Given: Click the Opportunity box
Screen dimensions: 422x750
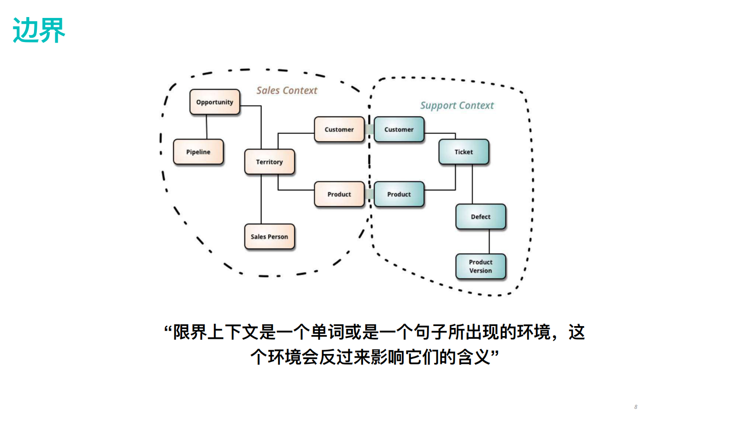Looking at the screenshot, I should click(x=215, y=102).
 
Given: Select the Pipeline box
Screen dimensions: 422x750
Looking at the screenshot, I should click(x=198, y=152).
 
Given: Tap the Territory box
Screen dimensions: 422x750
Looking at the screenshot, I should click(x=269, y=162).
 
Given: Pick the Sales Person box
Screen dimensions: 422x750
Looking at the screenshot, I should click(x=269, y=236).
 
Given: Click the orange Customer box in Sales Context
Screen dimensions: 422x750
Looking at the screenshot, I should click(x=339, y=129).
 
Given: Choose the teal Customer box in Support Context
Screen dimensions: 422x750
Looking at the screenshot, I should click(x=399, y=129).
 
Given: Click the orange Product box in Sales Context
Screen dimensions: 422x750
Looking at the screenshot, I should click(x=339, y=194).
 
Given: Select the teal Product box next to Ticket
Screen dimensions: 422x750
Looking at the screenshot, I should click(x=399, y=194).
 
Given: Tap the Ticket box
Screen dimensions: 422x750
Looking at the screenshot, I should click(x=464, y=152).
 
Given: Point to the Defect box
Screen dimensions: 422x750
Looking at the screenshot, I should click(x=481, y=216).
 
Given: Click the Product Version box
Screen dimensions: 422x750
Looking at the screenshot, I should click(x=481, y=266).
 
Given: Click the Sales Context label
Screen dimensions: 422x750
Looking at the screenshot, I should click(x=287, y=90).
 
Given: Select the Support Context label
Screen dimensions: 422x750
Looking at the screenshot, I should click(x=457, y=105).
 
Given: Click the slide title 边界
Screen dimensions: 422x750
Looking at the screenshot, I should click(x=39, y=31).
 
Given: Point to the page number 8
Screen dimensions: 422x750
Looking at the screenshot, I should click(x=636, y=407).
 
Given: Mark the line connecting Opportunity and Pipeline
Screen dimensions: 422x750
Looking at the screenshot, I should click(x=207, y=127).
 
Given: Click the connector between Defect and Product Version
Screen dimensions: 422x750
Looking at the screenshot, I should click(x=489, y=241).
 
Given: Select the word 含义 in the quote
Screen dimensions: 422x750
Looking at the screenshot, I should click(x=474, y=357).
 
